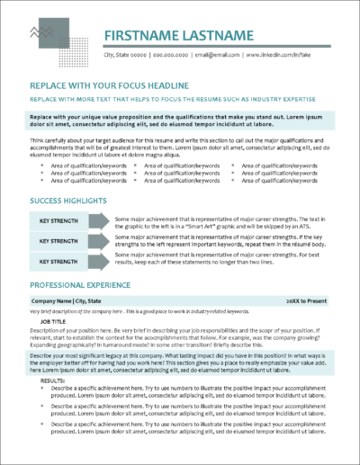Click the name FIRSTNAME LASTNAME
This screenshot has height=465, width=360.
point(180,36)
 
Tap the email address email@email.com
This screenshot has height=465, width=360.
point(220,56)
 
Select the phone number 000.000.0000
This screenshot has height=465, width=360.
point(175,56)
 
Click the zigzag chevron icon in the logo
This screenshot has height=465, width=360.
point(41,34)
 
